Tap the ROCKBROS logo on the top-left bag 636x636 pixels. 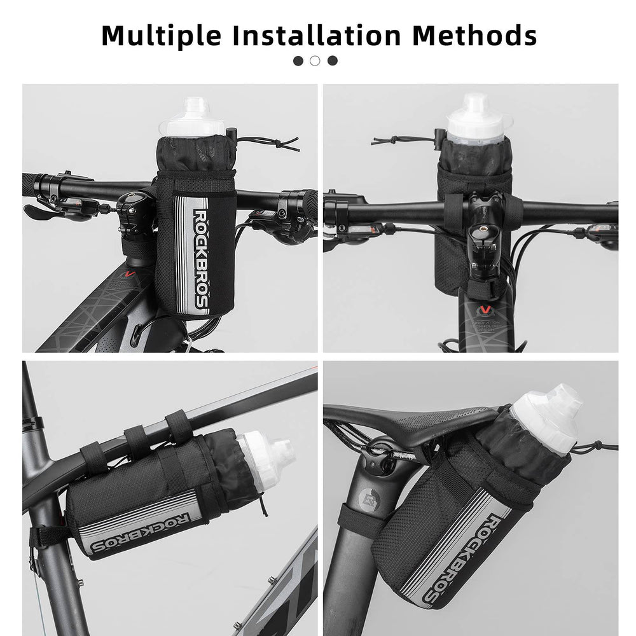[201, 258]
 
